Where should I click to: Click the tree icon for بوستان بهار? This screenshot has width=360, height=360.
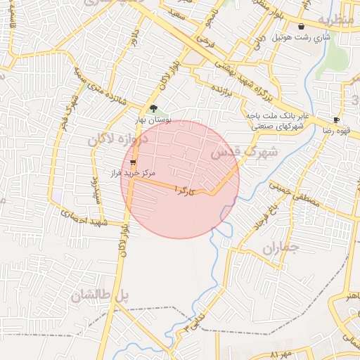(x=154, y=108)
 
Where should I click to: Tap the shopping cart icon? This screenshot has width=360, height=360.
(x=134, y=162)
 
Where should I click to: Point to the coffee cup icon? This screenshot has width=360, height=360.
(x=336, y=120)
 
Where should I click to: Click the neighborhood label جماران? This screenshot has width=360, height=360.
(x=281, y=248)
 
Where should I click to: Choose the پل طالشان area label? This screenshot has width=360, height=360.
(x=100, y=297)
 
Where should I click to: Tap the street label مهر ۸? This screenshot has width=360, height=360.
(x=279, y=353)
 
